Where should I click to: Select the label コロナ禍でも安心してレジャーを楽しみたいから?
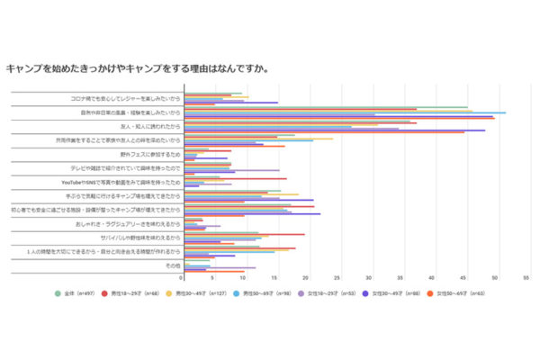(x=126, y=97)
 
